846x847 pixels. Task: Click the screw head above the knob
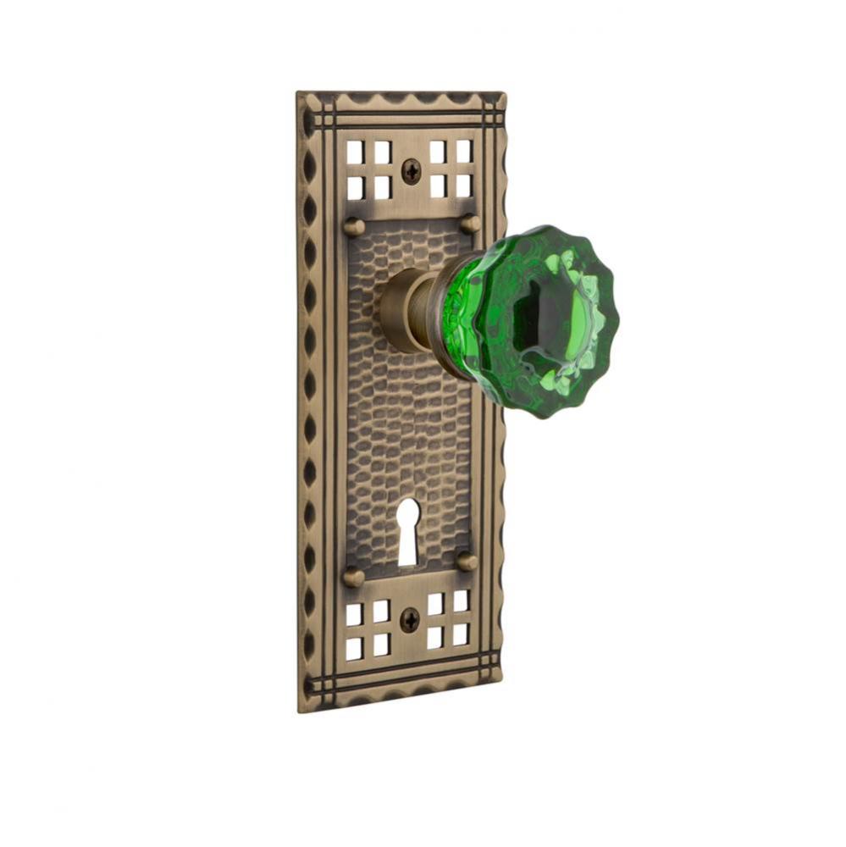pos(411,171)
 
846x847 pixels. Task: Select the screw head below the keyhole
pos(408,620)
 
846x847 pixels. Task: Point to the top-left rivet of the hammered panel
pos(355,226)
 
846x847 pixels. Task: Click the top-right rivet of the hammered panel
pos(470,224)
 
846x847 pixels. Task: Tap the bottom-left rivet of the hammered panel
pos(353,577)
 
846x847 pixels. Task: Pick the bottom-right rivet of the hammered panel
pos(466,561)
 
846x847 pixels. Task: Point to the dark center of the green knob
pos(534,318)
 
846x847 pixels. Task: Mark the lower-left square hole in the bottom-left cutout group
pos(354,648)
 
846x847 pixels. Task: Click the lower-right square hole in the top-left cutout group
pos(383,186)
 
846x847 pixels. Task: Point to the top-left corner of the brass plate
pos(298,93)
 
